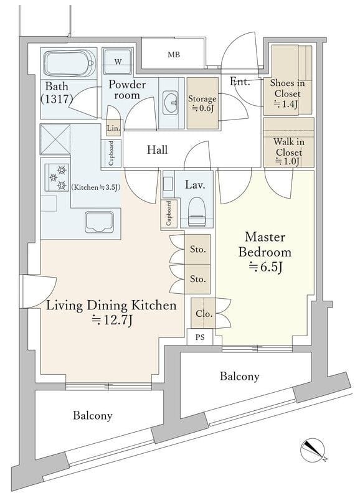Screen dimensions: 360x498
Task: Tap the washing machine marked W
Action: (x=118, y=62)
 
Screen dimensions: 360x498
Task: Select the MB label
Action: (x=174, y=55)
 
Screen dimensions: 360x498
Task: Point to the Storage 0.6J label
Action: (x=202, y=103)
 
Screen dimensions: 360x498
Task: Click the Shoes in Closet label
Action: (x=287, y=93)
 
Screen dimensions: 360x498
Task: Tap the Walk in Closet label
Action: (x=288, y=152)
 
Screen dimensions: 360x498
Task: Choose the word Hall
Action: (x=158, y=149)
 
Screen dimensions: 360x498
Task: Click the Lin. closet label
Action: (x=113, y=129)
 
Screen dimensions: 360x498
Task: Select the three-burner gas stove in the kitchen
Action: (x=57, y=177)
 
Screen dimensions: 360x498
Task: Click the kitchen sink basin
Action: (x=99, y=222)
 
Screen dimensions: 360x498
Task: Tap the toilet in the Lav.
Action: (x=197, y=212)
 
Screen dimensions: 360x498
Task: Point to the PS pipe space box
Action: (x=200, y=337)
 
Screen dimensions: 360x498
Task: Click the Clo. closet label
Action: (x=204, y=314)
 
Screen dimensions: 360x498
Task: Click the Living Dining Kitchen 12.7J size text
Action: (x=111, y=320)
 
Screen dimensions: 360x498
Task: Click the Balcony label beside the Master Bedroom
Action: (x=240, y=377)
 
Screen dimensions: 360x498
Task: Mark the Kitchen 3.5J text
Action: (x=95, y=187)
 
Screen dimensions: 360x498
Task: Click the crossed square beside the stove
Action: (x=55, y=139)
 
